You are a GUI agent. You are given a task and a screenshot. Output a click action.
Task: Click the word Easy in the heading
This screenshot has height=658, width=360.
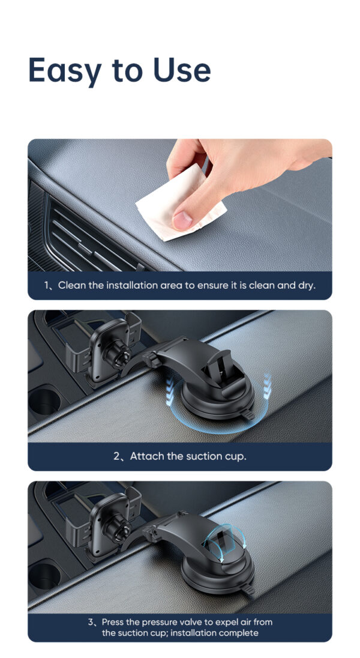click(65, 70)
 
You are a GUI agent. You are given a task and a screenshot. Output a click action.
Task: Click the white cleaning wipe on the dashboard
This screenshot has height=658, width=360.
click(178, 204)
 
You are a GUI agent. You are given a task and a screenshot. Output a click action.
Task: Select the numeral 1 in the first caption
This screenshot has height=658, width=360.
click(47, 286)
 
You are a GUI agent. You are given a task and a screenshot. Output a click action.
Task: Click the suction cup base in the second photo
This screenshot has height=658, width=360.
click(218, 401)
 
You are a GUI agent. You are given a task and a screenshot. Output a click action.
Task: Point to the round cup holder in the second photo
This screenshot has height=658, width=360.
click(44, 401)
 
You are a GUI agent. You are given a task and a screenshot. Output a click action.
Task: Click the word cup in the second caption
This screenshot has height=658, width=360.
click(236, 457)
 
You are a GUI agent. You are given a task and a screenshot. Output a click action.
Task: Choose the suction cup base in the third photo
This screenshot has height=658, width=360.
click(218, 573)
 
